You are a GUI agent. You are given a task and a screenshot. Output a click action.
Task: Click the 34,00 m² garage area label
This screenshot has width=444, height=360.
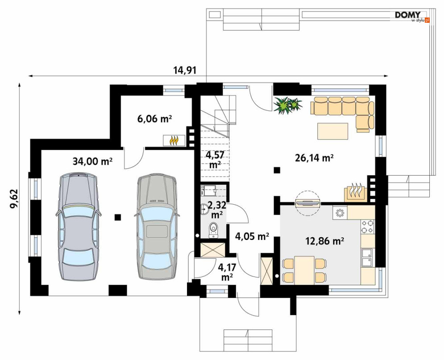click(x=93, y=161)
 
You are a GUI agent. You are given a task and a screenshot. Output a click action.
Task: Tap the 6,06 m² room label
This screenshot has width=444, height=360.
click(x=154, y=119)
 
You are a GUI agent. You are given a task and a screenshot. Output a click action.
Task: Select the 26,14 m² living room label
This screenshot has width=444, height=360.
click(x=314, y=158)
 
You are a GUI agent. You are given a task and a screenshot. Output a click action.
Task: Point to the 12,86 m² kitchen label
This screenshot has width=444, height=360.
click(x=324, y=241)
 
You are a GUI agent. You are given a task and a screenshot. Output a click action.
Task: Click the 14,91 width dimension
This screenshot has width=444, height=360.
click(x=185, y=70)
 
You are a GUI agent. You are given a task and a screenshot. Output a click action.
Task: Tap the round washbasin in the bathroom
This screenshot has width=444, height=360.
click(x=204, y=210)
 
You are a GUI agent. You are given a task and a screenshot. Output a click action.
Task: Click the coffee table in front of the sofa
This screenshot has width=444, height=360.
click(x=333, y=131)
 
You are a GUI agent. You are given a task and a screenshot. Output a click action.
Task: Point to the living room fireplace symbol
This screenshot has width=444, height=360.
click(x=356, y=193)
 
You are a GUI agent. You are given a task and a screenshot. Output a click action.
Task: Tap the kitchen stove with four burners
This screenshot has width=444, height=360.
click(x=368, y=227)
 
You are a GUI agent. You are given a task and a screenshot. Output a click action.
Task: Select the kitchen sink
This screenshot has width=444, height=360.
click(x=368, y=257)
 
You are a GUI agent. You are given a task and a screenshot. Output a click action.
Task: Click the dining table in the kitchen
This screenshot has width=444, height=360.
click(x=304, y=270)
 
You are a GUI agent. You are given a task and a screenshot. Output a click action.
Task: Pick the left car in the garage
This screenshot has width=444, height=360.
click(x=78, y=227)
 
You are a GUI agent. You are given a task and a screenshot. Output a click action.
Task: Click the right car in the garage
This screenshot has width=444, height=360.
click(x=157, y=227)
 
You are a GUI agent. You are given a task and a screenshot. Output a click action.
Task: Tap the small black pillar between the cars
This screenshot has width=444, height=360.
click(x=118, y=217)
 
